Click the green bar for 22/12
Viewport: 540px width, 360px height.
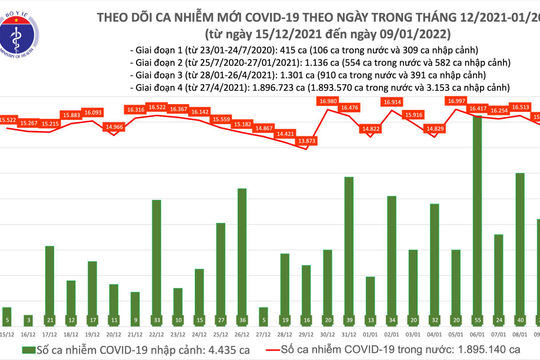click(x=157, y=260)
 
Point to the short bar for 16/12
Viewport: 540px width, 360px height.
click(x=29, y=324)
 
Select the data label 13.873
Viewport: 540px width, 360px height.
click(x=306, y=142)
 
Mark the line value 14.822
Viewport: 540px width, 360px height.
click(x=369, y=128)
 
